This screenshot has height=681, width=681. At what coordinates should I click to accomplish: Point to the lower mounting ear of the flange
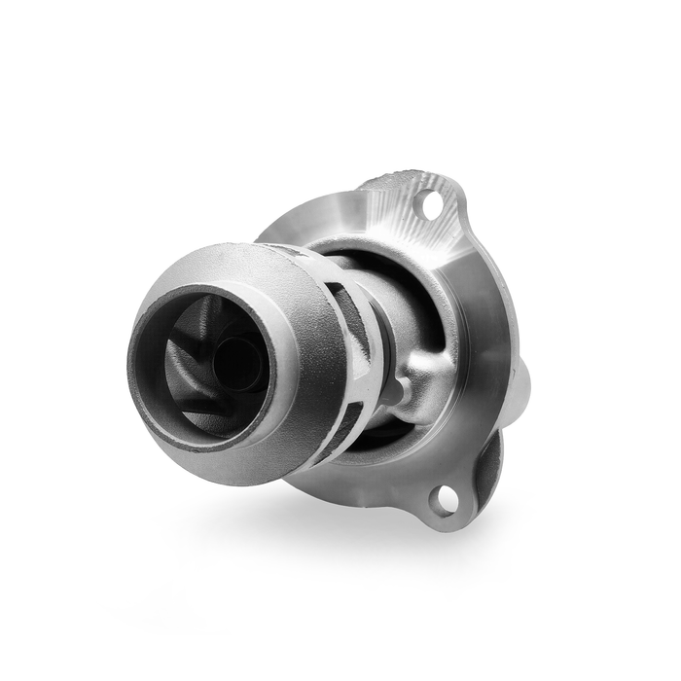click(457, 496)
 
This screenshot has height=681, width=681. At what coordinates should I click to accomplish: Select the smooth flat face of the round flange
click(477, 321)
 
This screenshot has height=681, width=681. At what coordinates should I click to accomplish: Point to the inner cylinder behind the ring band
click(384, 311)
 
